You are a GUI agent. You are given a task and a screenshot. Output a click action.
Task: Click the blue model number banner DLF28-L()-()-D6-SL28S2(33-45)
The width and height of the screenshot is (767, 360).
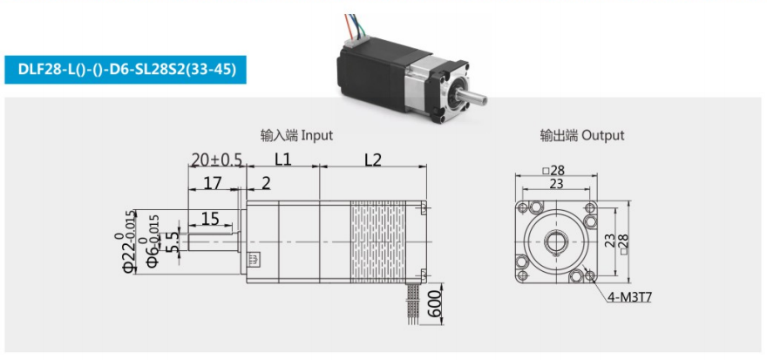(126, 70)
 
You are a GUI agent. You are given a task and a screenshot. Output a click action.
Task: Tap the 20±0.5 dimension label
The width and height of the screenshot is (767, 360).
(217, 160)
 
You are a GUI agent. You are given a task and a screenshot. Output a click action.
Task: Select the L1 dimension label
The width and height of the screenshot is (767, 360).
(282, 159)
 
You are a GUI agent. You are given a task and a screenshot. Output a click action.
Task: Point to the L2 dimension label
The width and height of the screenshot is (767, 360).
(373, 160)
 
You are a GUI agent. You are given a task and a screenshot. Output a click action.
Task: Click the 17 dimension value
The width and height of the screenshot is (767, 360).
(213, 183)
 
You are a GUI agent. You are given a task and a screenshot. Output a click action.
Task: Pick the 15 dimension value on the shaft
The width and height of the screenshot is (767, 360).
(210, 219)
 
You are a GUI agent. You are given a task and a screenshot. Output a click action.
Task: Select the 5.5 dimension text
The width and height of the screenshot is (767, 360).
(173, 241)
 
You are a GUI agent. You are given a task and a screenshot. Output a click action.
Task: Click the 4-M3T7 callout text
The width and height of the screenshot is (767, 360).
(630, 297)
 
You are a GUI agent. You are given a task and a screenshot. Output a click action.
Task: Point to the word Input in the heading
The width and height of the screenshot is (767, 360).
(316, 135)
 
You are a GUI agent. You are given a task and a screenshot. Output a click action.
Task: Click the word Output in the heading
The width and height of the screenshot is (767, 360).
(602, 135)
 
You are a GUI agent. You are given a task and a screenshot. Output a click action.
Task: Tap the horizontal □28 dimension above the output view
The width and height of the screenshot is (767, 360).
(553, 170)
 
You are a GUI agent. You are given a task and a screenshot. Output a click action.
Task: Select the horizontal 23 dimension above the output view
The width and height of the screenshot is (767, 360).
(556, 184)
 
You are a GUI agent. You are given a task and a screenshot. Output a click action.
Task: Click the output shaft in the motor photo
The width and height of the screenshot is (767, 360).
(473, 98)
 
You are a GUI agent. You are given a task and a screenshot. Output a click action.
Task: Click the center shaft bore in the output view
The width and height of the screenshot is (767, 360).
(556, 241)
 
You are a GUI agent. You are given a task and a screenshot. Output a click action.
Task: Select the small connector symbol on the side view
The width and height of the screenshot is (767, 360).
(254, 259)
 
